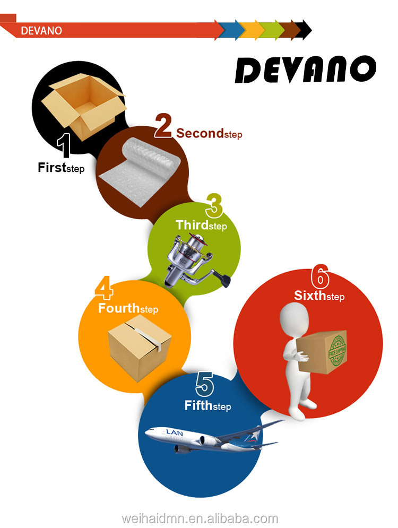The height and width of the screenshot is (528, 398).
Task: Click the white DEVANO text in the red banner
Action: click(41, 30)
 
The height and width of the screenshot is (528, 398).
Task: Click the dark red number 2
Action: click(163, 126)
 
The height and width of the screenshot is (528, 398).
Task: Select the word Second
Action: click(200, 133)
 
